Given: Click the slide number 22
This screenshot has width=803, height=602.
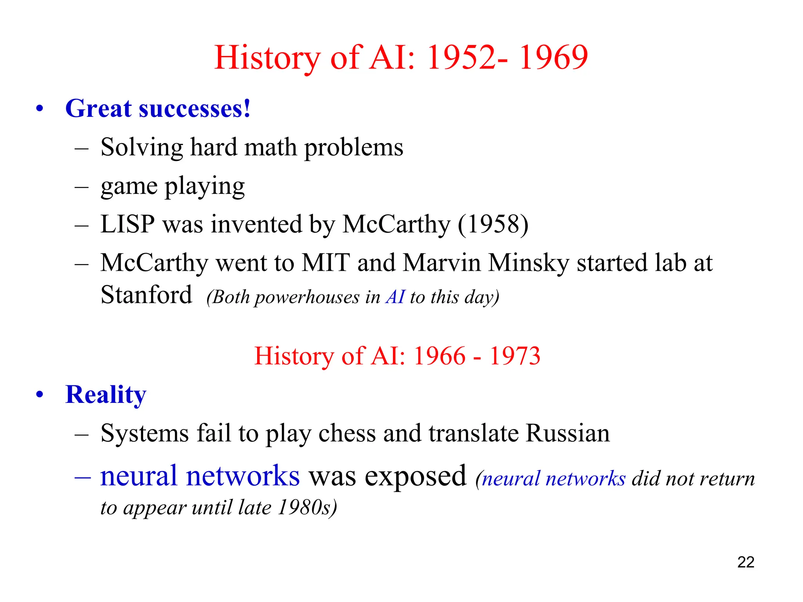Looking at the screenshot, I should [x=745, y=562].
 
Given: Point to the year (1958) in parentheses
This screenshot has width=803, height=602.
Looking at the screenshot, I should [x=493, y=224].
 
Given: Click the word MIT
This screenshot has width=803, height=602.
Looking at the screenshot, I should [x=325, y=263].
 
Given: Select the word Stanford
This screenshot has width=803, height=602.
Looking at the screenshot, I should [x=146, y=295].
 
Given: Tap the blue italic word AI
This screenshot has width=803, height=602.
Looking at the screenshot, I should [x=395, y=297].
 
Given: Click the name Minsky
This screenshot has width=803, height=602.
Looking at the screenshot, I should [x=528, y=263].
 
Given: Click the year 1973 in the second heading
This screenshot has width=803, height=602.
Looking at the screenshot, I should [x=515, y=356].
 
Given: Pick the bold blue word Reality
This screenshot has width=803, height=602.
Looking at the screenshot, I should [x=106, y=394].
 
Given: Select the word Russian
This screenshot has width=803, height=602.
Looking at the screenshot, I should [x=567, y=433].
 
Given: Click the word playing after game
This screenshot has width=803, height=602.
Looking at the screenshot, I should [x=204, y=186].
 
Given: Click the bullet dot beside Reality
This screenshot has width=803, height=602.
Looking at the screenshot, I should [x=40, y=394].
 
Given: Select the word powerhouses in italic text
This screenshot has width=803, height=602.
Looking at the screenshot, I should [x=307, y=297].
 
